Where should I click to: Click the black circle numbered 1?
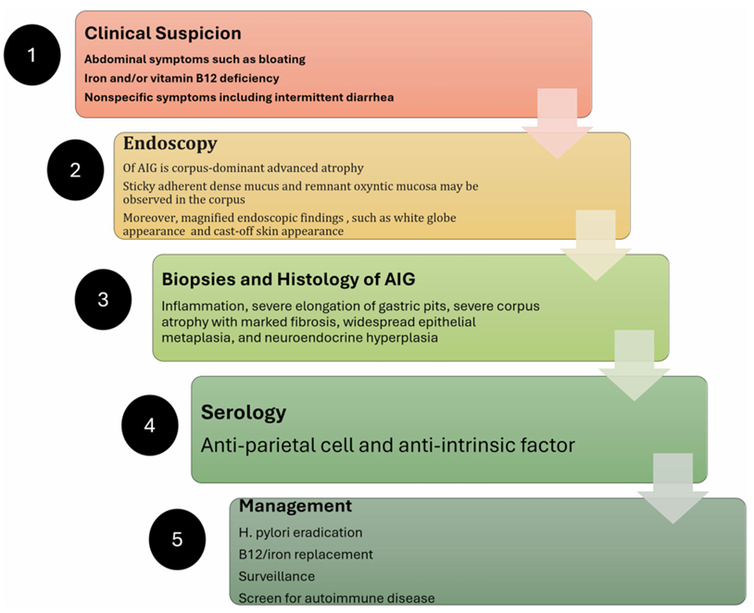pyautogui.click(x=32, y=55)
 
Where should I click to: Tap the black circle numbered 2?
pyautogui.click(x=76, y=169)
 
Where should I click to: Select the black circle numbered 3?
pyautogui.click(x=103, y=299)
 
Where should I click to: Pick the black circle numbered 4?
pyautogui.click(x=149, y=425)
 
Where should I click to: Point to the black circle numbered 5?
pyautogui.click(x=177, y=539)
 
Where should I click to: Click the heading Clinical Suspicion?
pyautogui.click(x=163, y=33)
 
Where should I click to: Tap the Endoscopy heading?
pyautogui.click(x=170, y=144)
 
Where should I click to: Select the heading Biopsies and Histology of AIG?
pyautogui.click(x=288, y=279)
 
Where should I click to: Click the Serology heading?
pyautogui.click(x=244, y=412)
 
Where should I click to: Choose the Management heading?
pyautogui.click(x=295, y=506)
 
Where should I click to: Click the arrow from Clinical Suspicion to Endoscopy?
pyautogui.click(x=558, y=123)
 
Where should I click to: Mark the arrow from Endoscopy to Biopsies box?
pyautogui.click(x=596, y=245)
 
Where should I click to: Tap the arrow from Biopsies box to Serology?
pyautogui.click(x=635, y=366)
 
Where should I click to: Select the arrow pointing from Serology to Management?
pyautogui.click(x=672, y=489)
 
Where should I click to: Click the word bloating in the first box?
pyautogui.click(x=282, y=59)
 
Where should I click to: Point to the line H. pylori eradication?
pyautogui.click(x=300, y=532)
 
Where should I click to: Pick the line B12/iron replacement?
pyautogui.click(x=306, y=555)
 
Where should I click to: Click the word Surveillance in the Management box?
pyautogui.click(x=277, y=576)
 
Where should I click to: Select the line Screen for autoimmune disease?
pyautogui.click(x=336, y=598)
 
